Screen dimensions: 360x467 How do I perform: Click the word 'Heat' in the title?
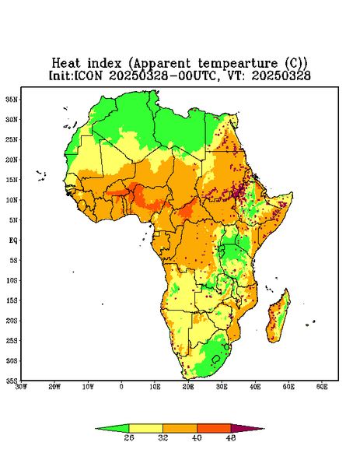tap(66, 63)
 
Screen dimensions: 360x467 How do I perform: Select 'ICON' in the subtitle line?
tap(88, 75)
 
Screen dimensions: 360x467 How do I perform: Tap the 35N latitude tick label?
tap(12, 100)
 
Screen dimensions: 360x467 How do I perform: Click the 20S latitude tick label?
tap(12, 321)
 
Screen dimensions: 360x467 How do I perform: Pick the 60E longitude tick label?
tap(322, 387)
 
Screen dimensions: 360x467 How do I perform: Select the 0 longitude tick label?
tap(121, 387)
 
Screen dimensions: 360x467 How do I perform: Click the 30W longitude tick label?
tap(21, 387)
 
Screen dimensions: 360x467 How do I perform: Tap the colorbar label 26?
tap(129, 437)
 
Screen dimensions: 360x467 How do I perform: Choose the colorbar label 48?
tap(231, 437)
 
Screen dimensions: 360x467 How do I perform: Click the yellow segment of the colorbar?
tap(145, 428)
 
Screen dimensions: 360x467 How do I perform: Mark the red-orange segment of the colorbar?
tap(214, 428)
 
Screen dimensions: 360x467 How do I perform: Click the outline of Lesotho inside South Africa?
tap(211, 359)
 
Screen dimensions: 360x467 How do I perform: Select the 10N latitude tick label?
tap(12, 200)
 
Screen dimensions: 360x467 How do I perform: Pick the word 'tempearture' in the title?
tap(238, 64)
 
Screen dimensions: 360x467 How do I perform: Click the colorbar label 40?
tap(197, 437)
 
